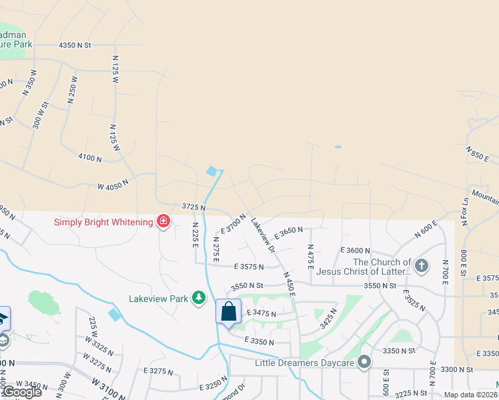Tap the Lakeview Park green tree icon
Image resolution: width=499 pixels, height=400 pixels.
click(x=198, y=297)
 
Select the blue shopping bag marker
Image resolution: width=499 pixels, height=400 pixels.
click(x=228, y=312)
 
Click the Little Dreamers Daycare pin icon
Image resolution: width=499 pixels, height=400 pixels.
click(x=364, y=363)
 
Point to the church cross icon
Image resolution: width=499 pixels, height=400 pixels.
click(x=421, y=267)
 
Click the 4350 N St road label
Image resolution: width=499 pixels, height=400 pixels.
click(x=75, y=45)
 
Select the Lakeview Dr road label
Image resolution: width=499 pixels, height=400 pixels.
click(x=263, y=236)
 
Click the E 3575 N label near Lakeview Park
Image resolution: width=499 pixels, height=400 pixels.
click(x=249, y=266)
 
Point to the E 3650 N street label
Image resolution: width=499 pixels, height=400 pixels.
click(x=288, y=231)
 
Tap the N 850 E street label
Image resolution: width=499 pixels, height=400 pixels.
click(x=478, y=155)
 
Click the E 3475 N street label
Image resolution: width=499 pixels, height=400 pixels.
click(x=262, y=313)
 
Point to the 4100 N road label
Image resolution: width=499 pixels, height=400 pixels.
click(x=89, y=159)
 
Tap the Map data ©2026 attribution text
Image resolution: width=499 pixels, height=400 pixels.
click(x=471, y=395)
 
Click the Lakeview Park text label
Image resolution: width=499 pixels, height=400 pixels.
click(x=159, y=299)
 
